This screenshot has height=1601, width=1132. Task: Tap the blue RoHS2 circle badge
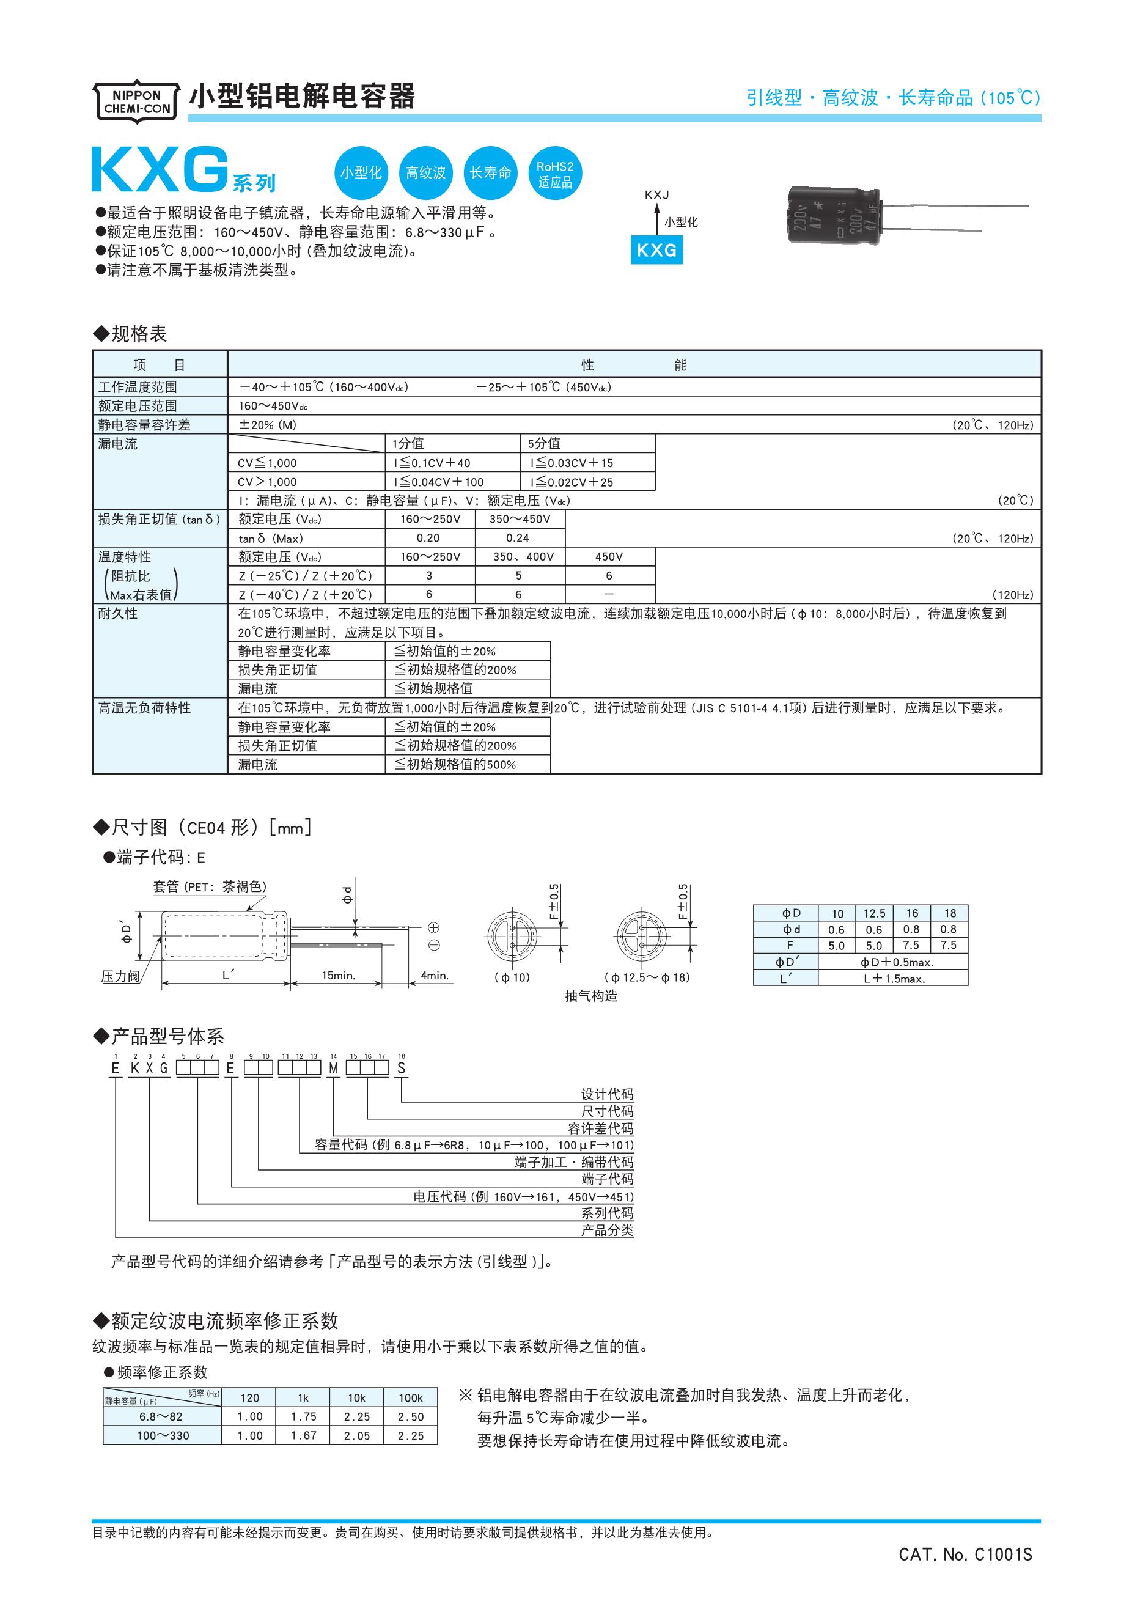click(x=554, y=174)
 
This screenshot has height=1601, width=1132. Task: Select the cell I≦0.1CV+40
click(x=432, y=463)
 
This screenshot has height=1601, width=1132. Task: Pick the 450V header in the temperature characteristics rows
click(x=609, y=557)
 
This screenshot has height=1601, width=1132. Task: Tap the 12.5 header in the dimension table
click(x=874, y=913)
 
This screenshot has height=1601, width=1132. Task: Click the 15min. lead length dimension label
click(x=338, y=976)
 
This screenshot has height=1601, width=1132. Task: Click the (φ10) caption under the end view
click(x=512, y=977)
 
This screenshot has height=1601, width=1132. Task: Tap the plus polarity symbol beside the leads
click(x=433, y=927)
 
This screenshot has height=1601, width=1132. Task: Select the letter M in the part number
click(x=334, y=1069)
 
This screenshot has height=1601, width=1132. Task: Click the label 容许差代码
click(x=600, y=1128)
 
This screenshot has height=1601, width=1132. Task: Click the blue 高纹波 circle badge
click(x=425, y=173)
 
